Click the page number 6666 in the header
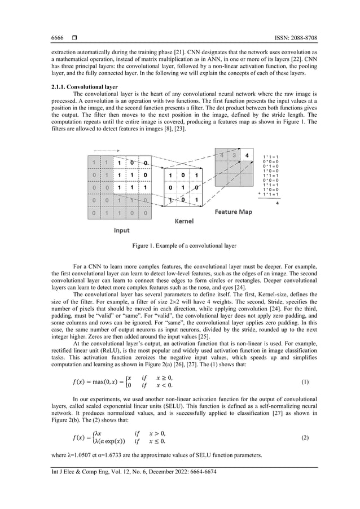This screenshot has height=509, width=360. [x=57, y=38]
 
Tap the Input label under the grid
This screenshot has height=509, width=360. [x=121, y=230]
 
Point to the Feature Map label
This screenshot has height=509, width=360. [x=233, y=212]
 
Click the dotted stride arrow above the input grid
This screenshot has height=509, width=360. [x=104, y=151]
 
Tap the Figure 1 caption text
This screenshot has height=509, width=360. [x=179, y=247]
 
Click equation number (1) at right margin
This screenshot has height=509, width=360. [x=305, y=382]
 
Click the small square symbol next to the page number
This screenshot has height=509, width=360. [x=74, y=38]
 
